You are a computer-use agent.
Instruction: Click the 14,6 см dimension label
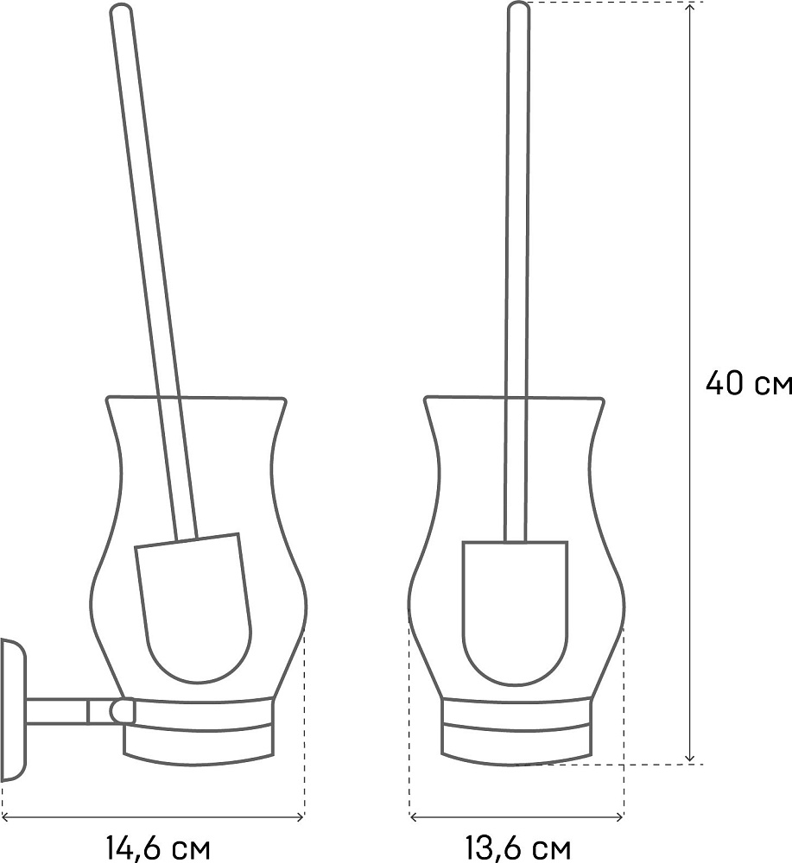(157, 848)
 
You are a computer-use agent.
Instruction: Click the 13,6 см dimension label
(517, 848)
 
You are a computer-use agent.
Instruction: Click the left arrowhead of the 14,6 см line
(7, 816)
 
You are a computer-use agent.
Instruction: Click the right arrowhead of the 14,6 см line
(300, 816)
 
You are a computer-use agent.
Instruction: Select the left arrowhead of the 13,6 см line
(415, 816)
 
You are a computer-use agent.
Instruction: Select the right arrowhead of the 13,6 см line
(619, 816)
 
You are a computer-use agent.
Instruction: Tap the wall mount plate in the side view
(14, 710)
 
